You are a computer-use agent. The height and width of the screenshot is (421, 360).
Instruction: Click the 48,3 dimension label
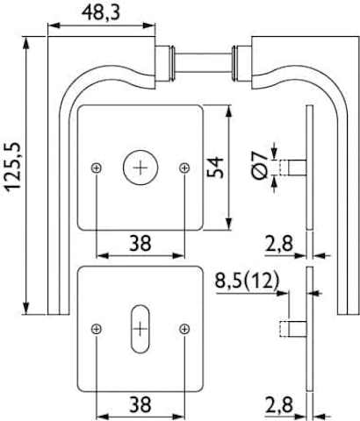click(x=101, y=13)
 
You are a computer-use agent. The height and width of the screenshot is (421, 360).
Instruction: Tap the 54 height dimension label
click(x=215, y=168)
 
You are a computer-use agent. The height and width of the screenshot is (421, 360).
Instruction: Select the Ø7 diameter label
click(x=260, y=165)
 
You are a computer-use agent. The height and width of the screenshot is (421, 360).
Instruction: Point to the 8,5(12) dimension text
click(x=248, y=281)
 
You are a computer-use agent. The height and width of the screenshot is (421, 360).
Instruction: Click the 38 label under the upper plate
click(x=140, y=243)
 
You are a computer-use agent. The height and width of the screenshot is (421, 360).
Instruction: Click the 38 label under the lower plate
click(x=140, y=404)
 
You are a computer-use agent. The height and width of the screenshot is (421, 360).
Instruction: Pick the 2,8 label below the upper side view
click(x=279, y=244)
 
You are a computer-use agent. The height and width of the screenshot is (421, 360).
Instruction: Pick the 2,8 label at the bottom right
click(x=279, y=405)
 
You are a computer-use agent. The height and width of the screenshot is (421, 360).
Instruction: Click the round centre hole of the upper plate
click(x=140, y=168)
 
